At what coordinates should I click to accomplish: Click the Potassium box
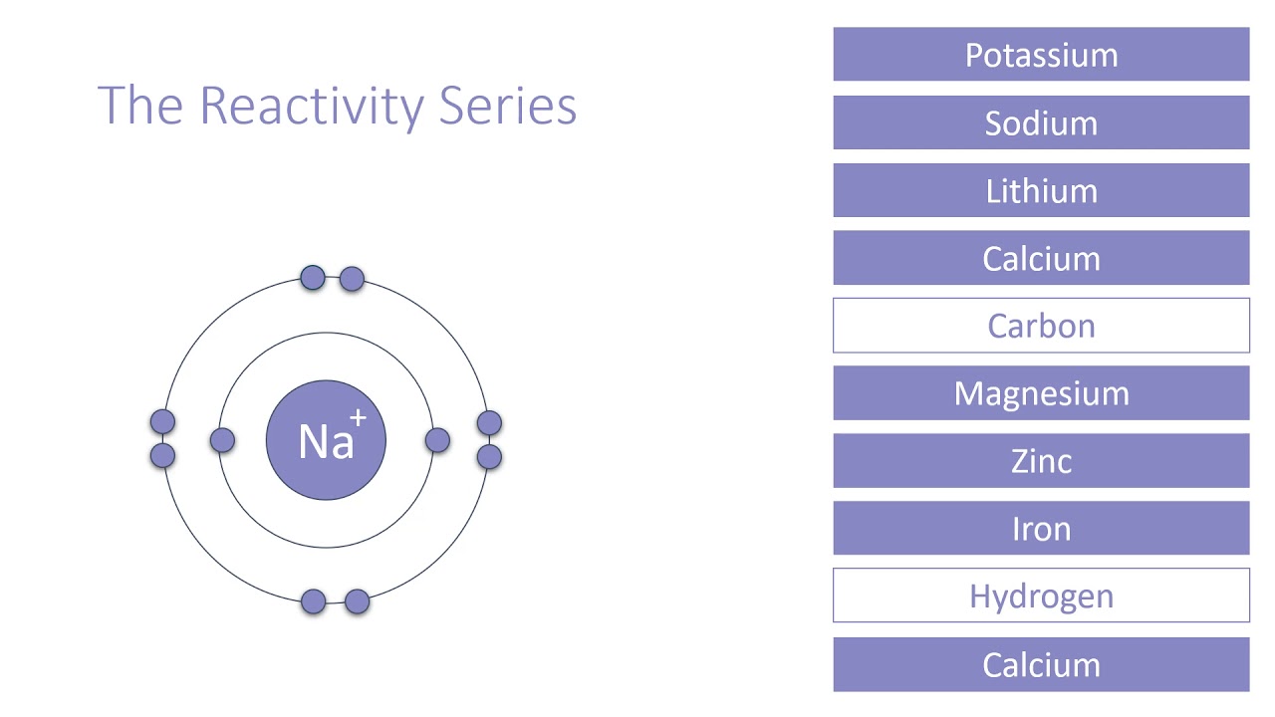pos(1041,55)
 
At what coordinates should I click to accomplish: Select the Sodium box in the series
pos(1041,122)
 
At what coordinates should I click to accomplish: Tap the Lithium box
pos(1041,190)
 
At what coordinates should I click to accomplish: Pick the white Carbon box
pos(1041,326)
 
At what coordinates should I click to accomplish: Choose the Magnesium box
pos(1041,393)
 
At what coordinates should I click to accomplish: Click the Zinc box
pos(1041,461)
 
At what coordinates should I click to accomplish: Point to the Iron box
pos(1041,529)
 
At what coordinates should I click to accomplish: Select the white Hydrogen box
pos(1041,596)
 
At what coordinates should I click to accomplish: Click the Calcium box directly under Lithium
pos(1041,258)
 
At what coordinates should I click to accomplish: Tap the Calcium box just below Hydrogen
pos(1041,664)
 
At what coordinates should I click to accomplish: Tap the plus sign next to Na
pos(358,419)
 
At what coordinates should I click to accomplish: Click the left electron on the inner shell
pos(222,440)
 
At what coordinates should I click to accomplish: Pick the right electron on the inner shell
pos(437,440)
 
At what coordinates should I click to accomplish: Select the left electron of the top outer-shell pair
pos(313,278)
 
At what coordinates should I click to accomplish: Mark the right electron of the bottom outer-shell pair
pos(357,601)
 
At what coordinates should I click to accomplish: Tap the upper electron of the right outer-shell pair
pos(489,423)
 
